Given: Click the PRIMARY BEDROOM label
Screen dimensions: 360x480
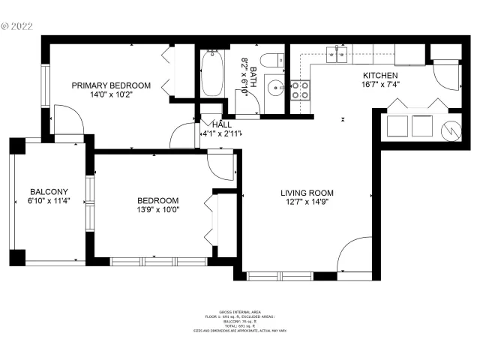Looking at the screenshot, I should tap(111, 85).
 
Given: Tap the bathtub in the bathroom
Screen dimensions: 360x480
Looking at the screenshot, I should tap(212, 73).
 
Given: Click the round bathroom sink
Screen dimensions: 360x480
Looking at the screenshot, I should tap(273, 86).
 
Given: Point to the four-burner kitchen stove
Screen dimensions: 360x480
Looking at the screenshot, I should tap(300, 91).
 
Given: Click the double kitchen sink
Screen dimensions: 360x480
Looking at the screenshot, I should tap(336, 53).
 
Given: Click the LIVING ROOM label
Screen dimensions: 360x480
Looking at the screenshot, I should tap(307, 191).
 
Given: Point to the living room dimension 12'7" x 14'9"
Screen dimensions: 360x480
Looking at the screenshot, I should tap(307, 201).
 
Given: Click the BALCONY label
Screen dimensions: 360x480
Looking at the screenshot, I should tap(49, 191).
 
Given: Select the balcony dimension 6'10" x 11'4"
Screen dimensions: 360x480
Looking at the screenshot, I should tap(49, 201).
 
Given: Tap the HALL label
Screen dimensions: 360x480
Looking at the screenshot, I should tap(222, 124).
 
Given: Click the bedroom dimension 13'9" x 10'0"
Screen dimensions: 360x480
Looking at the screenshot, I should tap(157, 210).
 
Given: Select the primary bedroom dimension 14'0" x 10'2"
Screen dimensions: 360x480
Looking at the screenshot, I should tap(111, 95).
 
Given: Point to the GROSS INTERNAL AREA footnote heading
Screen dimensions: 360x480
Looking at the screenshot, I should tap(240, 311).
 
